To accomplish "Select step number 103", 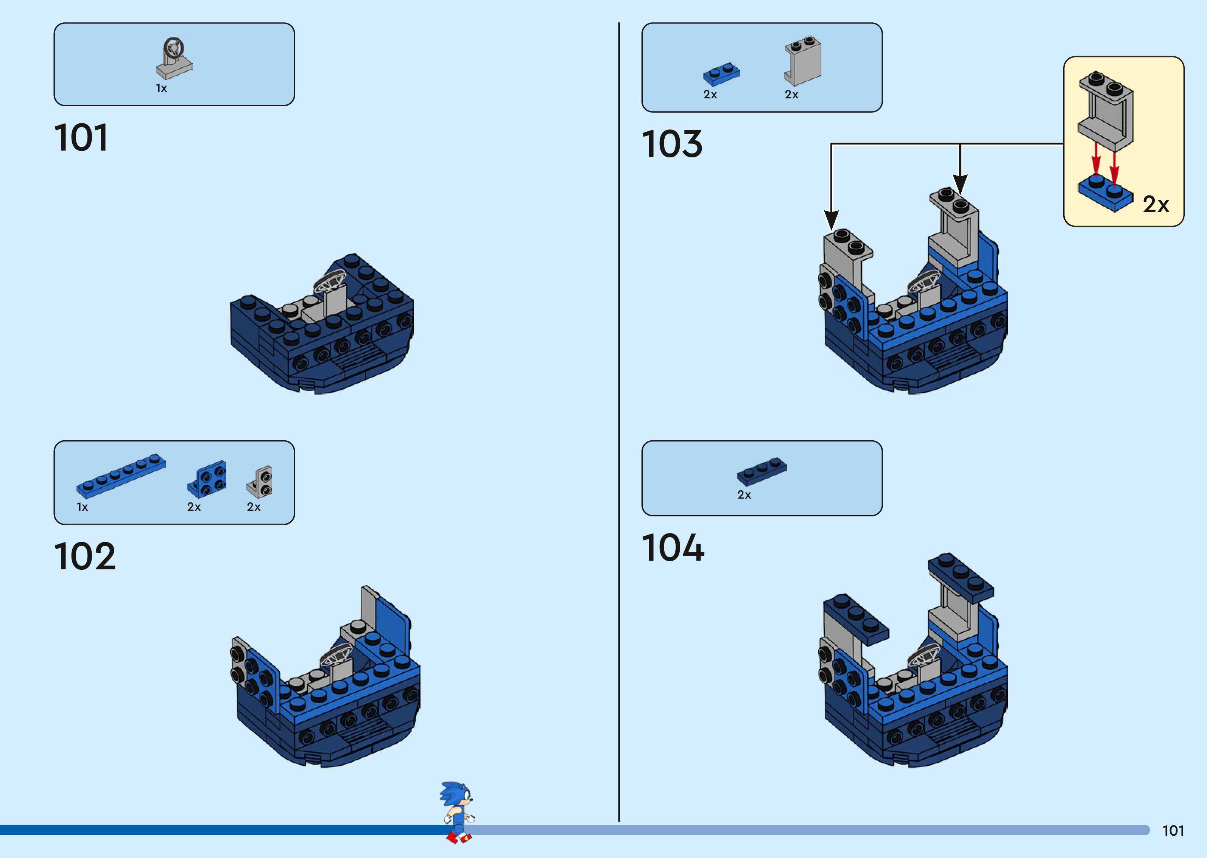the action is (x=672, y=144).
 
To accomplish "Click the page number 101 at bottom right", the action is (x=1173, y=830).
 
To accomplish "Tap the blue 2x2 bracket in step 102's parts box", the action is (x=207, y=479).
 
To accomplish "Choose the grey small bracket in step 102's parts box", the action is (x=260, y=482).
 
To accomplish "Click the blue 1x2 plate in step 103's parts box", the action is (x=721, y=75).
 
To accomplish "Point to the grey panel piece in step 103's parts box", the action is (x=803, y=61).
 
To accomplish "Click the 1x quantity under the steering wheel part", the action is (x=161, y=88).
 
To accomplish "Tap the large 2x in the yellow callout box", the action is (x=1156, y=204).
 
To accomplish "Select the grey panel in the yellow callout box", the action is (x=1106, y=110).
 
